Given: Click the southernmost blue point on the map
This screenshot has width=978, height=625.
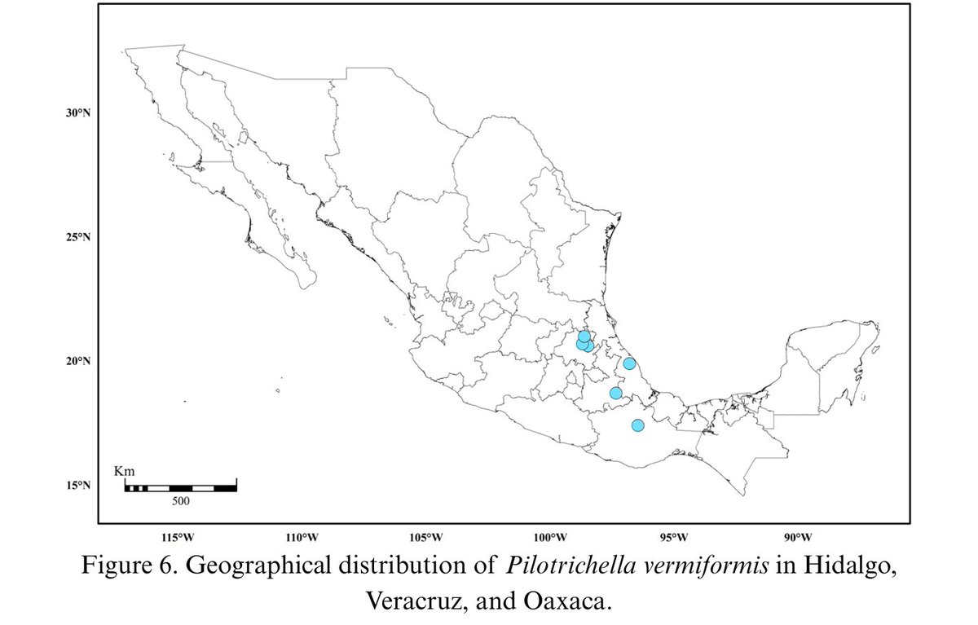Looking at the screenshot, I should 637,425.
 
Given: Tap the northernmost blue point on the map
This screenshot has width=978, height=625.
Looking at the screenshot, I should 584,337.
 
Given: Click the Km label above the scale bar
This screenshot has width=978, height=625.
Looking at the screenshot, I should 125,472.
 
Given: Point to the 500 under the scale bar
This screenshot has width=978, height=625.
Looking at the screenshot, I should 180,501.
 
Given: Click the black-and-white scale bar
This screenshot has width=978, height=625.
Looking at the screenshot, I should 180,487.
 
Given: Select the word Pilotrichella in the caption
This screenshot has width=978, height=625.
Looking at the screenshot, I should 552,566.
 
